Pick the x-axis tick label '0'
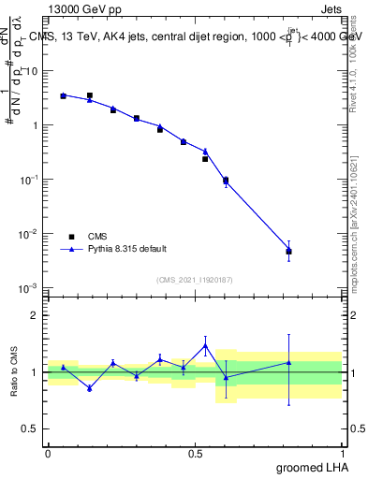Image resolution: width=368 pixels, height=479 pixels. point(48,453)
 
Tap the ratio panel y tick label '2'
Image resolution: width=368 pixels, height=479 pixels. point(37,315)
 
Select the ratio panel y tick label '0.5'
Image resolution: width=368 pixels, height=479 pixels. point(32,429)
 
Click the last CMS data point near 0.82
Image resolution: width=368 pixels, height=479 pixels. point(289,251)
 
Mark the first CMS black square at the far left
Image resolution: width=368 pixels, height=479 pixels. point(63,95)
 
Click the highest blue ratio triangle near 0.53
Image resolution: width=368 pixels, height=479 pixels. point(205,345)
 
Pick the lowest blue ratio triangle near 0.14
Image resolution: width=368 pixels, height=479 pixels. point(90,387)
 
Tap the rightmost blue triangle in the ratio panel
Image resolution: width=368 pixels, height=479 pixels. point(289,362)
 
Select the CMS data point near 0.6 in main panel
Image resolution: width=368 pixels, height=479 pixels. point(226,180)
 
